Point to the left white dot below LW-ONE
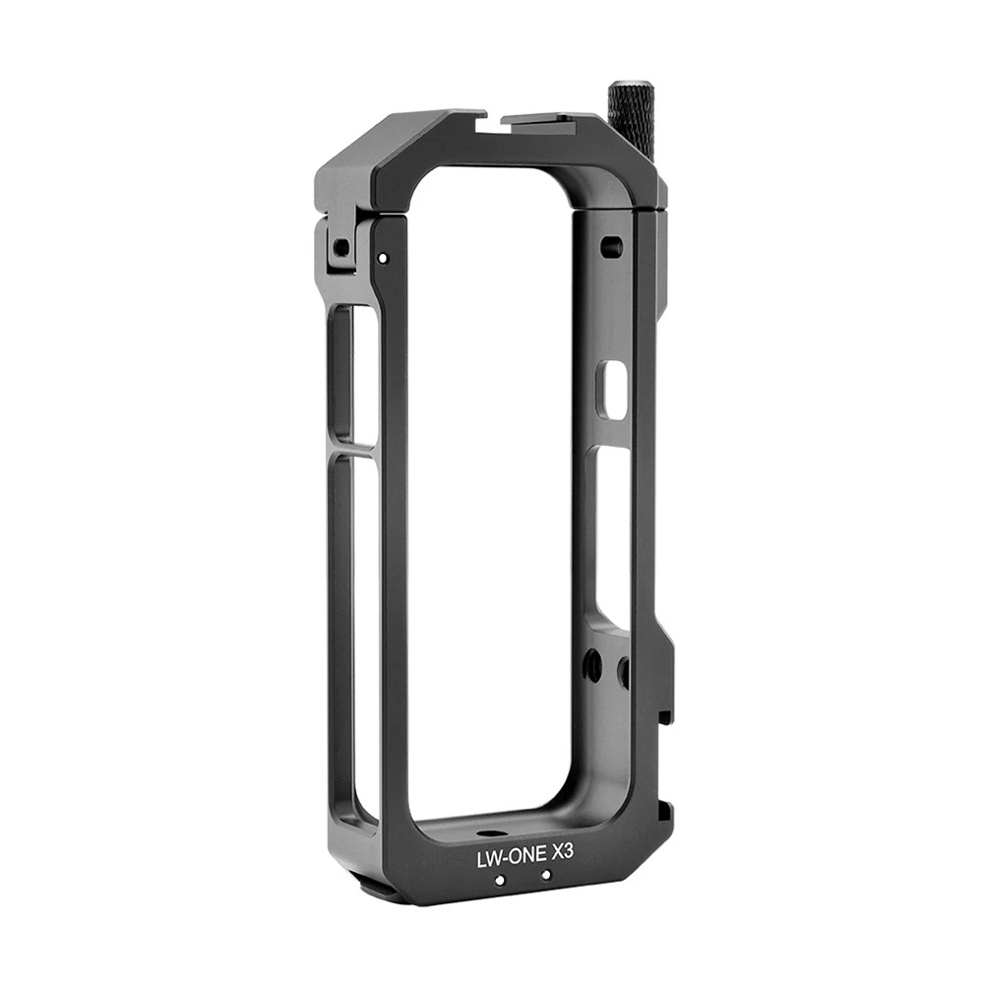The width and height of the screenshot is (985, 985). click(x=500, y=881)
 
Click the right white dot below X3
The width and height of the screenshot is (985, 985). click(x=545, y=875)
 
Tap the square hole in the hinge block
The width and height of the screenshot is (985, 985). click(x=340, y=247)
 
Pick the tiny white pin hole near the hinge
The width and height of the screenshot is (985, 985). click(x=382, y=258)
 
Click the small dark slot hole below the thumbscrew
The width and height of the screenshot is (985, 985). click(x=610, y=246)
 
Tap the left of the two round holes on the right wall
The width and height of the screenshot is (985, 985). click(x=593, y=666)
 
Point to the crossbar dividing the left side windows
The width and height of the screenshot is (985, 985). click(x=353, y=451)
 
